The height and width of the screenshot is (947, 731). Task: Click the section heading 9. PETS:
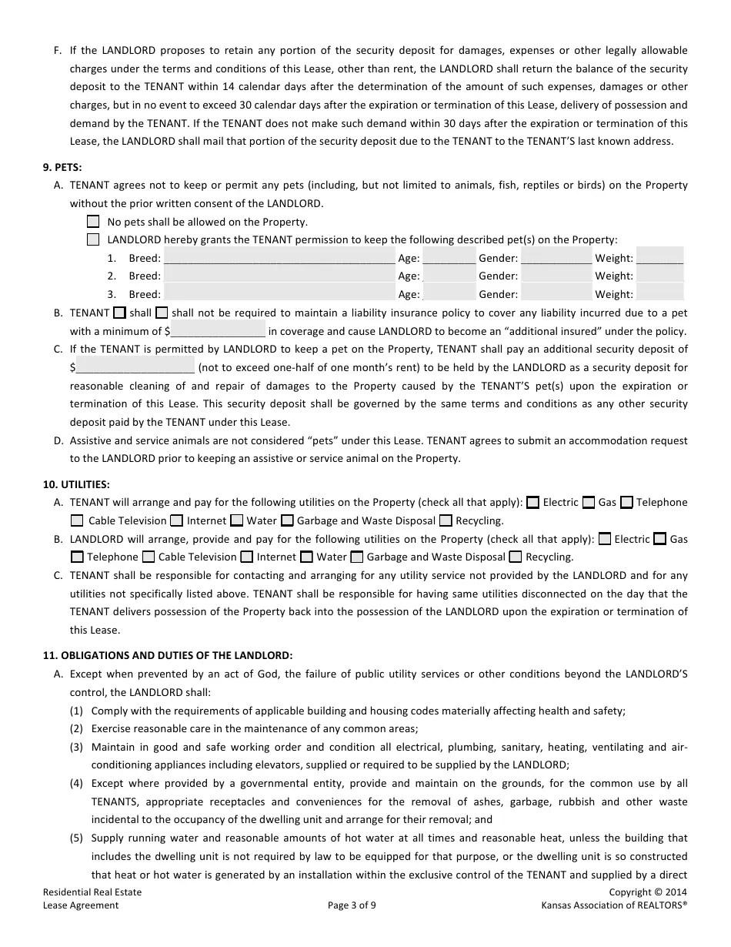coord(62,166)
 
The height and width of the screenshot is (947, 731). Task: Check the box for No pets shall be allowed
coord(93,222)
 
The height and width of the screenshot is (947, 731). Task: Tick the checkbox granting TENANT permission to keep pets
coord(93,239)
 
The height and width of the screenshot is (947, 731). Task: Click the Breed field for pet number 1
coord(279,257)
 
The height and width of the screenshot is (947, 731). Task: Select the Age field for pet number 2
coord(449,275)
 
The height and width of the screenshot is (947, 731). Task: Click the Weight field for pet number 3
coord(660,293)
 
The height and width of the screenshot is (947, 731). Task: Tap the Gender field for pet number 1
coord(556,257)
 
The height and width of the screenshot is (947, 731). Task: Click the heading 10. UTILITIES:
coord(76,484)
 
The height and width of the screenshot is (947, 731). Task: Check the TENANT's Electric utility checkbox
coord(533,502)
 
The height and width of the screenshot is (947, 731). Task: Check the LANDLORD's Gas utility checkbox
coord(659,539)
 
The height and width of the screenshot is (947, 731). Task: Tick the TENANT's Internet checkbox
coord(177,520)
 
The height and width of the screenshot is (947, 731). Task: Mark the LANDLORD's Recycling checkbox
coord(516,557)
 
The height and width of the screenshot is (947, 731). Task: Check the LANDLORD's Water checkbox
coord(306,557)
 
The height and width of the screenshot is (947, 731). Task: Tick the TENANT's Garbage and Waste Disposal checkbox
coord(287,520)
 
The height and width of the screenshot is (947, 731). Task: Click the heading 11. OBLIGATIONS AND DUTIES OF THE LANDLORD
coord(168,655)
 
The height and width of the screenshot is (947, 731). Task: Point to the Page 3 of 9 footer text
coord(352,905)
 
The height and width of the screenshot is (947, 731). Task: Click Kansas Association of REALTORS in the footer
coord(613,905)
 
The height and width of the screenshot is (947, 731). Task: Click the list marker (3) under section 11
coord(77,747)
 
